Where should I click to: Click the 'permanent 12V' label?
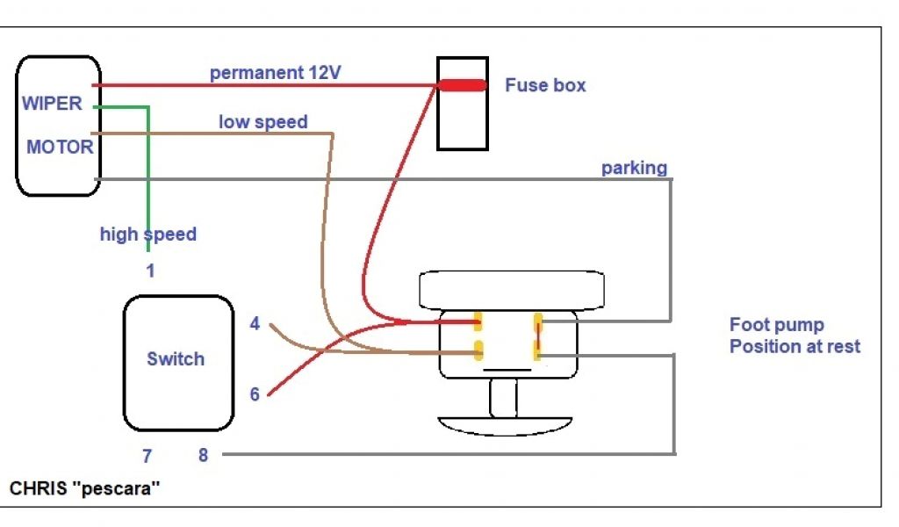(275, 73)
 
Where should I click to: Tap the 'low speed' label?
(263, 122)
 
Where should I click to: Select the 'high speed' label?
(147, 235)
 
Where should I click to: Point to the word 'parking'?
(634, 167)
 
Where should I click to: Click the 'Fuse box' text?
(545, 85)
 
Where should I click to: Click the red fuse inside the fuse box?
(462, 85)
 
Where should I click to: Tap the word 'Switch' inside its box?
(176, 358)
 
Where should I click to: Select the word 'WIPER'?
(52, 104)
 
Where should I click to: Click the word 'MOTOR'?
(60, 147)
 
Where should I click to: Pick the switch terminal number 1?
(150, 271)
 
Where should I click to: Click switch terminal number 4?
(255, 324)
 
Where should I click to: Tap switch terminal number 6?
(255, 394)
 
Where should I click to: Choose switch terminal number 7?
(147, 456)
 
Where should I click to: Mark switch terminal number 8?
(203, 456)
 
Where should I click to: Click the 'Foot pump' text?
(776, 326)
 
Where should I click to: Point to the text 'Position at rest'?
(795, 346)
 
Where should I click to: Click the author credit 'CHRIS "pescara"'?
(85, 487)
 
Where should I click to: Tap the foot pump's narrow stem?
(502, 400)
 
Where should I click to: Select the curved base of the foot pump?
(504, 426)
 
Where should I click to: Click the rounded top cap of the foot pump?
(513, 289)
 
